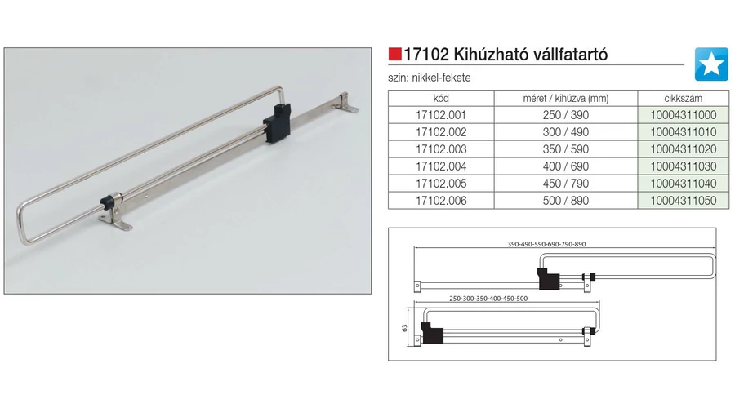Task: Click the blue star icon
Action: [x=711, y=64]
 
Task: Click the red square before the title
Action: [x=394, y=55]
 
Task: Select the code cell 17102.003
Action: [x=441, y=149]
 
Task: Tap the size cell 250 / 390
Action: [x=566, y=115]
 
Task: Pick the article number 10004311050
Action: [x=684, y=201]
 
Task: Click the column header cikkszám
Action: [x=683, y=99]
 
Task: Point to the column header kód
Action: [x=441, y=99]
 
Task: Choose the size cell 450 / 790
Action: [x=566, y=183]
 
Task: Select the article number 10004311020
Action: [x=684, y=149]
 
